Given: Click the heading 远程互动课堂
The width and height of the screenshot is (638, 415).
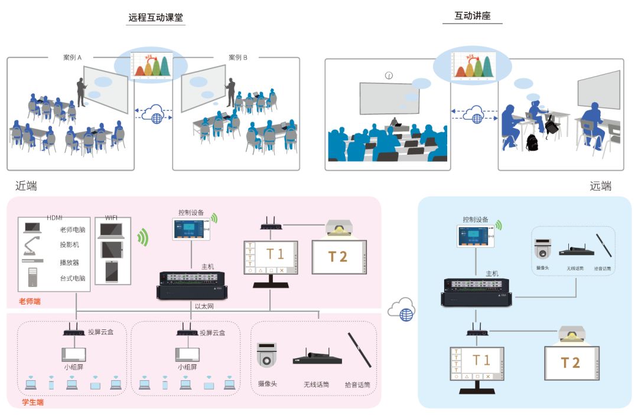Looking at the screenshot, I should coord(156,18).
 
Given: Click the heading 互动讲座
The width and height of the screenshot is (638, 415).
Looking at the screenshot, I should coord(472,16).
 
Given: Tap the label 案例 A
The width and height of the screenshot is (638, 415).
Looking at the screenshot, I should coord(72,57).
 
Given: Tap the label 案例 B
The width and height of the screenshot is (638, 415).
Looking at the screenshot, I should coord(238,57).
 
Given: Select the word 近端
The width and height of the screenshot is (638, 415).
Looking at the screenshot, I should coord(27,187).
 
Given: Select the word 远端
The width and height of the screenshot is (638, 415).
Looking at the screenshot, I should coord(600,187).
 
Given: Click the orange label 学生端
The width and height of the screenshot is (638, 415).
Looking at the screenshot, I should coord(33,403).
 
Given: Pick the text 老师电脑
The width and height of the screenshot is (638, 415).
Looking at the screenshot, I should coord(72,230).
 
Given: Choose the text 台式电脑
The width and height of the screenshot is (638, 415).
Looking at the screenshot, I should coord(72,278).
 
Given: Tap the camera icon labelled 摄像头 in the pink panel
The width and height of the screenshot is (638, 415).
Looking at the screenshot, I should coord(267,357).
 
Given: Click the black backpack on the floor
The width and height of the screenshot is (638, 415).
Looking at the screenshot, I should coord(532,142).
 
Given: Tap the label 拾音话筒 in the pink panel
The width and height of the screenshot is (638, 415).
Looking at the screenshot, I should coord(357,385).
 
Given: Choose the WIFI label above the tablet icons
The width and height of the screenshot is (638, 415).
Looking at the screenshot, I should coord(112,218).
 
